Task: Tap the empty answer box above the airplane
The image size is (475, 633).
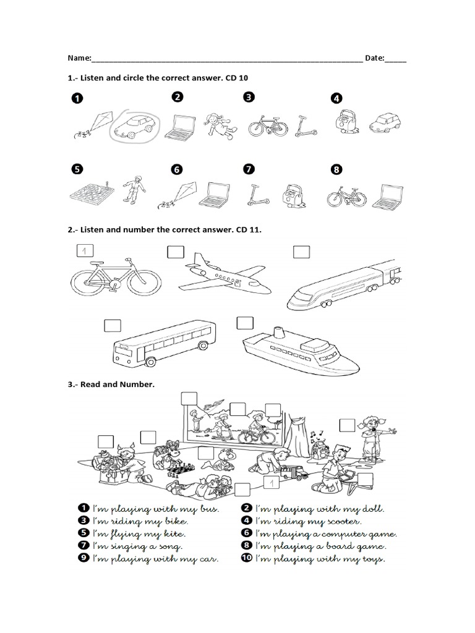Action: click(175, 252)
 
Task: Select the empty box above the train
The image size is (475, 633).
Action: click(301, 252)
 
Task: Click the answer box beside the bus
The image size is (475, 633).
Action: click(112, 325)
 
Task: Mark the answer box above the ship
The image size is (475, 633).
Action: click(245, 323)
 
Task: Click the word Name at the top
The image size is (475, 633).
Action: click(79, 58)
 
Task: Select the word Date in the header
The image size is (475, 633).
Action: click(375, 58)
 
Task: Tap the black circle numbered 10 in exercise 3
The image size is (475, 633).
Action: click(246, 559)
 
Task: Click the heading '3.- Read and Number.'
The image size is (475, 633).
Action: click(111, 384)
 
